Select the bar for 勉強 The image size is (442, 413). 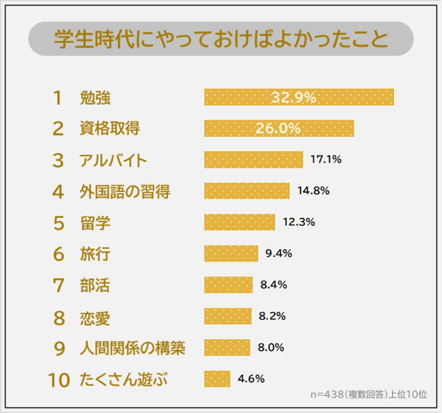coord(299,97)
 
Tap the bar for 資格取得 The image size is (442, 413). coord(279,128)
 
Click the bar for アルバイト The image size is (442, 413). coord(253,160)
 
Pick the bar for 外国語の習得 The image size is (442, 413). coord(246,191)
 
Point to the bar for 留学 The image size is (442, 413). coord(239,222)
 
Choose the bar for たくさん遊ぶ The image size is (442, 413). coord(217,378)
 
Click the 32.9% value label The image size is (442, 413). coord(293,97)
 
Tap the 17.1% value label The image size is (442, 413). coord(326,160)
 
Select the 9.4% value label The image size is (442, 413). coord(279,253)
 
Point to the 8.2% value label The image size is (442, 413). coord(272,316)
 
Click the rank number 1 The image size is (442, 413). coord(57,98)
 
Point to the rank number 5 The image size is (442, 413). coord(58,223)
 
